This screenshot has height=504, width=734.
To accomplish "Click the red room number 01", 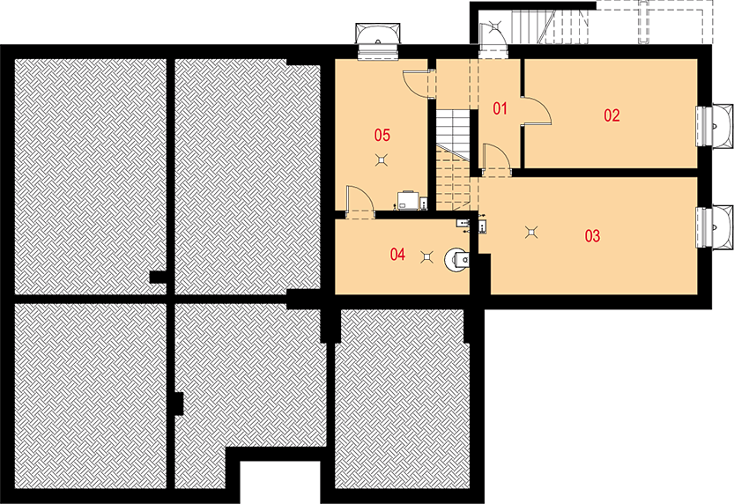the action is [x=500, y=108].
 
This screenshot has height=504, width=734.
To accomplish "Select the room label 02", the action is [x=612, y=115].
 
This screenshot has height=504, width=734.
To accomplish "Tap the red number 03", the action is [x=592, y=236].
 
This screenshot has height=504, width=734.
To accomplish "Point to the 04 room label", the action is [x=397, y=254].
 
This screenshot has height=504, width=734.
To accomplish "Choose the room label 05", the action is [x=382, y=135].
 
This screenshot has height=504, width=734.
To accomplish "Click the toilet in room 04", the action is [x=456, y=260].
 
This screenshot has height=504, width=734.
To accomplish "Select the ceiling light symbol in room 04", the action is [x=426, y=256].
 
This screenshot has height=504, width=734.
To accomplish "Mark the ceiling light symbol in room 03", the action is [x=530, y=232].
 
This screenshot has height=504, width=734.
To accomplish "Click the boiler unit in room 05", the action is [x=407, y=200].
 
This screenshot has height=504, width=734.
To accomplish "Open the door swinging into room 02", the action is [x=537, y=111].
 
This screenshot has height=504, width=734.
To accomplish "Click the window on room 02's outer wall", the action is [x=714, y=125].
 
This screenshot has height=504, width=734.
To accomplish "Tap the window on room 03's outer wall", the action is [x=714, y=226].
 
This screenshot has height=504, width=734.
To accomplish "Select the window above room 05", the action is [x=378, y=41].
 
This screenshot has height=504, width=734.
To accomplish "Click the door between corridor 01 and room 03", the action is [x=495, y=160].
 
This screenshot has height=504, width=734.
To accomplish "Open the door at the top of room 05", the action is [x=419, y=84].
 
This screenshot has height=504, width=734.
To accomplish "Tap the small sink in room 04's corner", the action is [x=462, y=223].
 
